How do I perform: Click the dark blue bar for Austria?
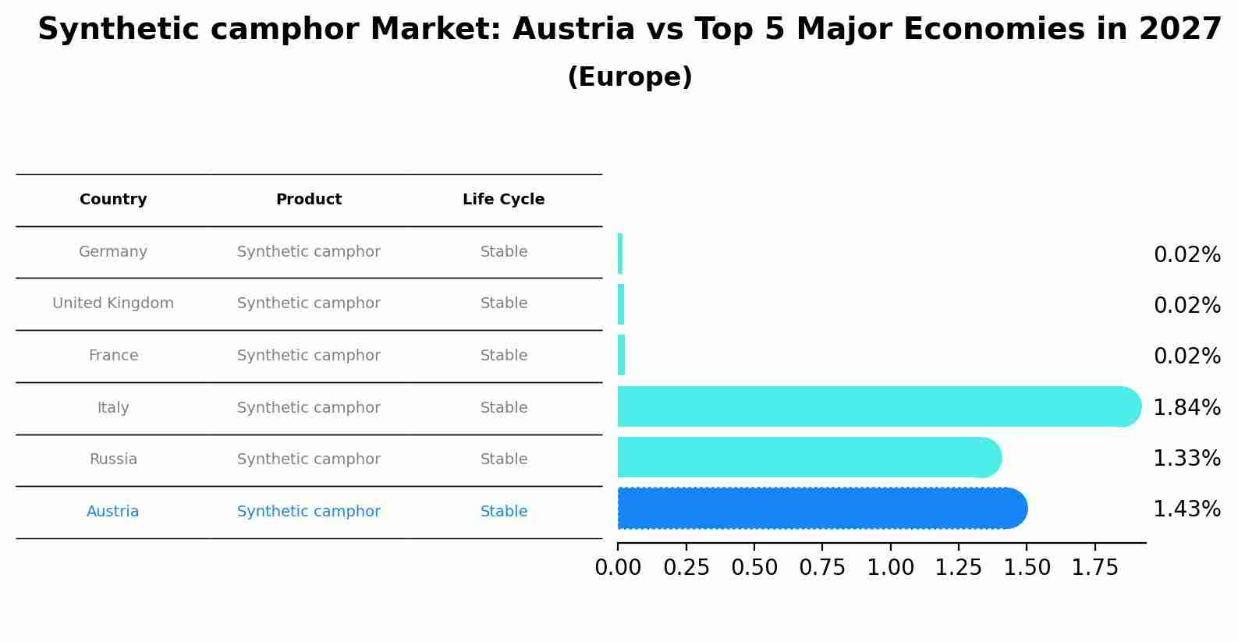[819, 509]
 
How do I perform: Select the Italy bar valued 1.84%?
[874, 406]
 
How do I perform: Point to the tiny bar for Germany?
[620, 254]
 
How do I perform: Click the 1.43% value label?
[1187, 509]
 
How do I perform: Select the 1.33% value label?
[1187, 459]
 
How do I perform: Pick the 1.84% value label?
[1187, 407]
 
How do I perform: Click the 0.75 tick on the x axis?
[822, 568]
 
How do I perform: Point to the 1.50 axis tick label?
[1027, 568]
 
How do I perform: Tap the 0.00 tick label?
[618, 568]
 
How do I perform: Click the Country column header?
[113, 200]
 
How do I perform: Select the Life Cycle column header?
[503, 200]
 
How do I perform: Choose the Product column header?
[309, 200]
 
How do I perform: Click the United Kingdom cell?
[113, 303]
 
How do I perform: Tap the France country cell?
[113, 356]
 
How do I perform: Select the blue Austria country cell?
[113, 512]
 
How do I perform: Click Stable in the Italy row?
[504, 408]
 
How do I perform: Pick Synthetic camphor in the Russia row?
[309, 459]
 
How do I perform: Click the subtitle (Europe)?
[630, 77]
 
